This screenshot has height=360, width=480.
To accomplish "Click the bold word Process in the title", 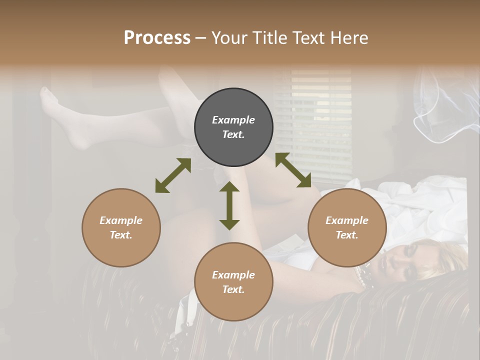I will (x=157, y=38).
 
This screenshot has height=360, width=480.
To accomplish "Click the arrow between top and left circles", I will (x=173, y=175).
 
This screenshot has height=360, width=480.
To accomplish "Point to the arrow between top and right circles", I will (x=293, y=170).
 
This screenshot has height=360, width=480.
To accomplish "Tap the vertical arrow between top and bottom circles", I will (x=229, y=205).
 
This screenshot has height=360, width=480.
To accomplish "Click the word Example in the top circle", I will (x=233, y=120).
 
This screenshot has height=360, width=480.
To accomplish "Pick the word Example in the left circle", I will (x=121, y=220).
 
